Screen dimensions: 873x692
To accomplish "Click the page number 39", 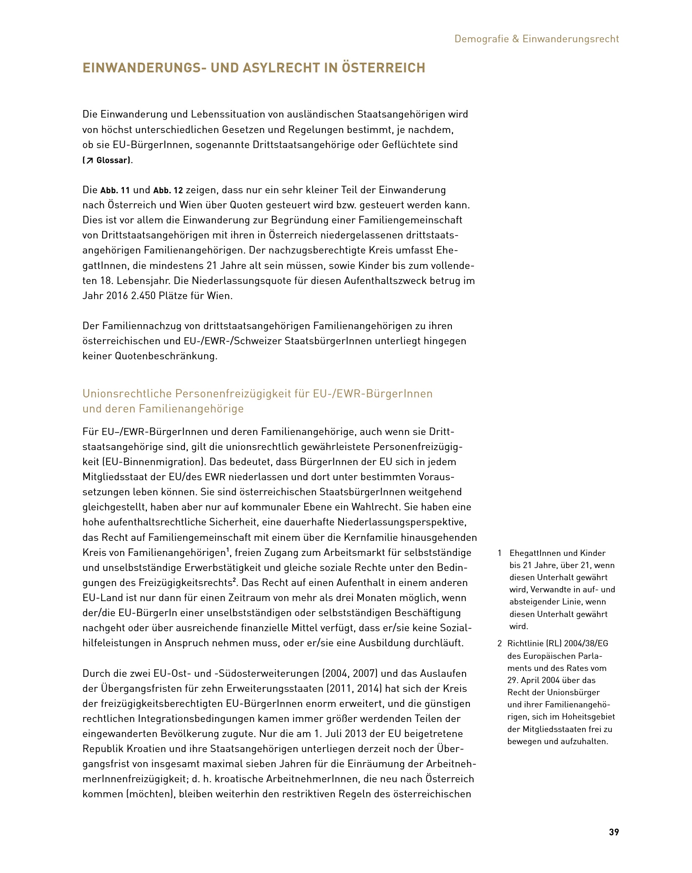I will tap(613, 843).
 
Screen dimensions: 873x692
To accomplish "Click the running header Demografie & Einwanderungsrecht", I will tap(536, 39).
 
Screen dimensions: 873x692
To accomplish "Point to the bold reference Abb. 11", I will tap(115, 190).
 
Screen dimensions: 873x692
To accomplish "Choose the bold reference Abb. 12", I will tap(168, 190).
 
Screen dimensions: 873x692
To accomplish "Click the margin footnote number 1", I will tap(500, 553).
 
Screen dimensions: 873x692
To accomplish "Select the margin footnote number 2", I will tap(500, 643).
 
